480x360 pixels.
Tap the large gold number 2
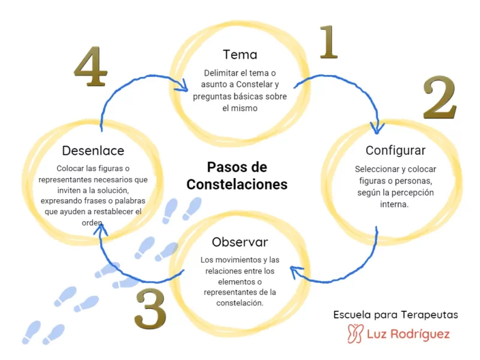440,97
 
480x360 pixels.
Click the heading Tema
239,55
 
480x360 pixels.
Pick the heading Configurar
395,150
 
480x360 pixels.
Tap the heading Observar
239,242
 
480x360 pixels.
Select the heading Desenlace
93,151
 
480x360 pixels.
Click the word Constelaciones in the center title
236,184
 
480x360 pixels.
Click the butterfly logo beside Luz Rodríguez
356,334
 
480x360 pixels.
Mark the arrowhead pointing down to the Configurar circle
377,128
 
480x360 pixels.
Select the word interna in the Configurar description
395,204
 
